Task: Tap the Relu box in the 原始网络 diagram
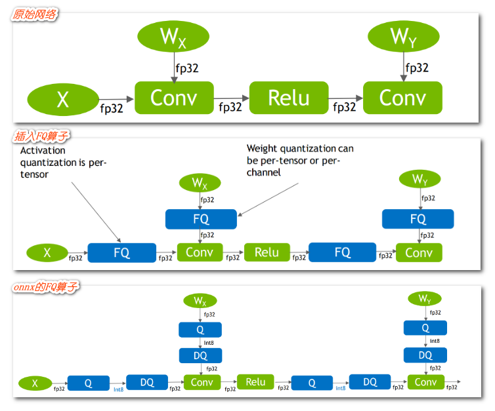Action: click(289, 98)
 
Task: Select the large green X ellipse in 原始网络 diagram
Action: click(62, 100)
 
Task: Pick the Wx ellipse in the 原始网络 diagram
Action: click(173, 37)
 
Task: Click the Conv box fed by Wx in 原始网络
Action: click(174, 98)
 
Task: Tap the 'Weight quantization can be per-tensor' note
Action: click(300, 161)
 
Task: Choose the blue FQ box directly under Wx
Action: click(200, 219)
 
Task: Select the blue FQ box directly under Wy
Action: click(418, 219)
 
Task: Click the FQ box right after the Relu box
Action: click(342, 252)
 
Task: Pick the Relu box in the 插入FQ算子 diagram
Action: click(267, 252)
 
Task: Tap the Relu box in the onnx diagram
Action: click(255, 382)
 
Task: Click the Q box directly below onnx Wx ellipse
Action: click(200, 329)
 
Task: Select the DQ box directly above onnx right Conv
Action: click(425, 355)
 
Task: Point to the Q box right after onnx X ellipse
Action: click(88, 383)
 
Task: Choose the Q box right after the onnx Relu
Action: click(312, 383)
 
